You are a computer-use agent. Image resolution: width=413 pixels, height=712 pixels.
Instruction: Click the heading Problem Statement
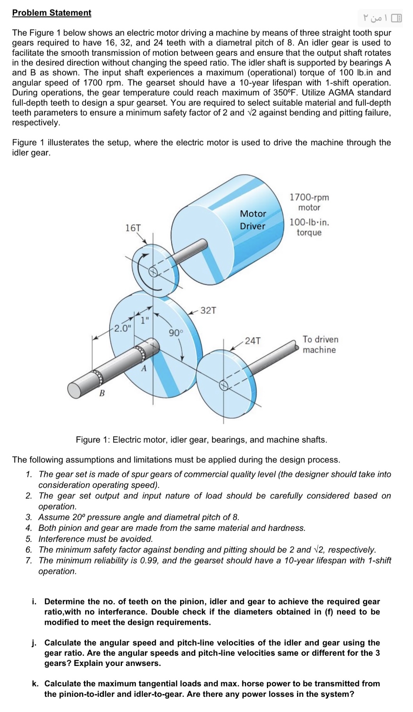52,13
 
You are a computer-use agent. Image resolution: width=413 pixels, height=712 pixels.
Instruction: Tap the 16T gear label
133,228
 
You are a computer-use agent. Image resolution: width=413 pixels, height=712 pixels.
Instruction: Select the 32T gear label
208,311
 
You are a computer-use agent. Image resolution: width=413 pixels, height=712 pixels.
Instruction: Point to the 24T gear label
252,341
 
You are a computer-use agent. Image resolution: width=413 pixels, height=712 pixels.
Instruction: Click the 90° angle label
175,333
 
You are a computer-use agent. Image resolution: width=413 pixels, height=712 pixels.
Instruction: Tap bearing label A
144,368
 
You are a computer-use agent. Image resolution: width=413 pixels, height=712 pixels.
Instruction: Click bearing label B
102,393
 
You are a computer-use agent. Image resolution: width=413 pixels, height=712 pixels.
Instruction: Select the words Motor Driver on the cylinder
253,220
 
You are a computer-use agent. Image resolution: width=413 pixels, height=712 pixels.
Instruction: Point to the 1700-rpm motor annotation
309,202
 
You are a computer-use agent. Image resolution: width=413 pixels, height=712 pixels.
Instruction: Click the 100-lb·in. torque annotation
309,227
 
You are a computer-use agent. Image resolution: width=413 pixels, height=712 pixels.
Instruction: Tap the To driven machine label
320,345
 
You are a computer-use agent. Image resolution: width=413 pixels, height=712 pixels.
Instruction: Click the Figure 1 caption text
201,440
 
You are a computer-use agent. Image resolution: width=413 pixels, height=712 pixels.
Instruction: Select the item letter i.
34,601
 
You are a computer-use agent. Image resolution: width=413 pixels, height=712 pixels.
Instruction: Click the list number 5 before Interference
29,539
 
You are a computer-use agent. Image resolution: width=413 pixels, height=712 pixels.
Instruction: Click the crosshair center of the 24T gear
223,385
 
